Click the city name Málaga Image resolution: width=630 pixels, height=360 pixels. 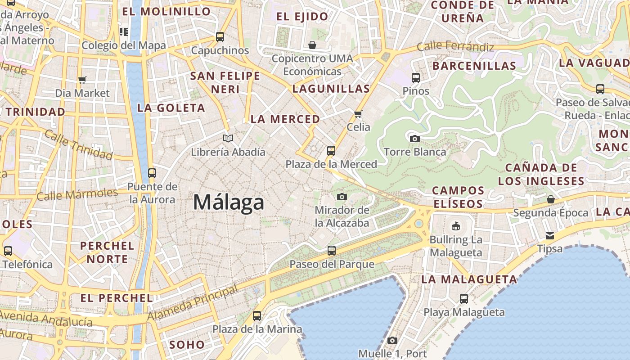click(229, 202)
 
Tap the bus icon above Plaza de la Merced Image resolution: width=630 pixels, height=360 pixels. click(331, 150)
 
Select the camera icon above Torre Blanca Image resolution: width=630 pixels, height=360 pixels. click(415, 138)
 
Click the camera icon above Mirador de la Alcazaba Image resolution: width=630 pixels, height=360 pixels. click(342, 197)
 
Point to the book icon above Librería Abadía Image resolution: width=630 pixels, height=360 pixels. click(228, 138)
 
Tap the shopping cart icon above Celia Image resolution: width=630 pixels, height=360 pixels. click(358, 113)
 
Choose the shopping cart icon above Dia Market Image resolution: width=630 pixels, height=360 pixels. click(82, 80)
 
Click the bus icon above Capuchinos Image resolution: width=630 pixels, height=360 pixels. click(220, 36)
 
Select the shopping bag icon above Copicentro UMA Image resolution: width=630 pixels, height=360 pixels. click(312, 45)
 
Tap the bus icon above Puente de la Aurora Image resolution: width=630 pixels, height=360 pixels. click(152, 173)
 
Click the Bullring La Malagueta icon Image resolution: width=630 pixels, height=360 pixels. click(456, 225)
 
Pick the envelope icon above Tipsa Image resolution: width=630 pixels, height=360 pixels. click(549, 235)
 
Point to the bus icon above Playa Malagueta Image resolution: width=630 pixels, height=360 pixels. click(464, 298)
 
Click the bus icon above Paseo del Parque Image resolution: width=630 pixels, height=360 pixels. click(332, 250)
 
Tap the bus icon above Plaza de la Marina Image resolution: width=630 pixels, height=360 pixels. click(257, 315)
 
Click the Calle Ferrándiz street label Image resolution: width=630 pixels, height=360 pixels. click(455, 46)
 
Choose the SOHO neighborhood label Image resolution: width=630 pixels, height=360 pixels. click(187, 345)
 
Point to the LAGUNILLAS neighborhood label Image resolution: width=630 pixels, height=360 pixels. click(331, 89)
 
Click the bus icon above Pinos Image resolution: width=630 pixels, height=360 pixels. click(416, 77)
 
